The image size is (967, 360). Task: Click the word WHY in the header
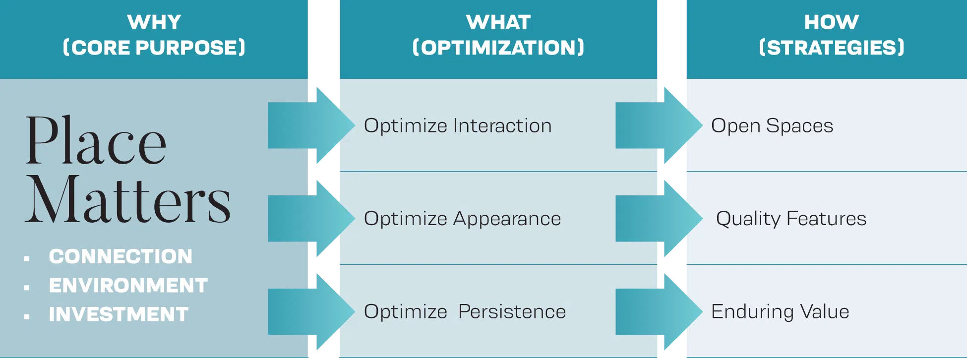[x=154, y=22]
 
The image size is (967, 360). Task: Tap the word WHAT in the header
[x=498, y=22]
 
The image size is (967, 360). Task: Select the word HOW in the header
[x=832, y=22]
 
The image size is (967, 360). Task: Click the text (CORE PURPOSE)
[x=154, y=48]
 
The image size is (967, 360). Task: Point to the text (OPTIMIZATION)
[x=498, y=48]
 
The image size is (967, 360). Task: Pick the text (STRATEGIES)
[x=832, y=48]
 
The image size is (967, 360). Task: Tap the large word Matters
[x=128, y=199]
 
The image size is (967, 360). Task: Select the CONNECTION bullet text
[x=121, y=256]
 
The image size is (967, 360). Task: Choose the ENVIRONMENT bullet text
[x=128, y=285]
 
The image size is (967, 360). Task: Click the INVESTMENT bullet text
[x=119, y=314]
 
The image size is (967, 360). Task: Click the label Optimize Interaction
[x=458, y=126]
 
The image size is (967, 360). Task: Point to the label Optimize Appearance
[x=462, y=219]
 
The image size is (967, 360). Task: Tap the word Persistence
[x=512, y=311]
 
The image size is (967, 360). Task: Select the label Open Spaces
[x=772, y=126]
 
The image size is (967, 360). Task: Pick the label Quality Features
[x=791, y=219]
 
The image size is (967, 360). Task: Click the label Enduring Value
[x=780, y=312]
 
